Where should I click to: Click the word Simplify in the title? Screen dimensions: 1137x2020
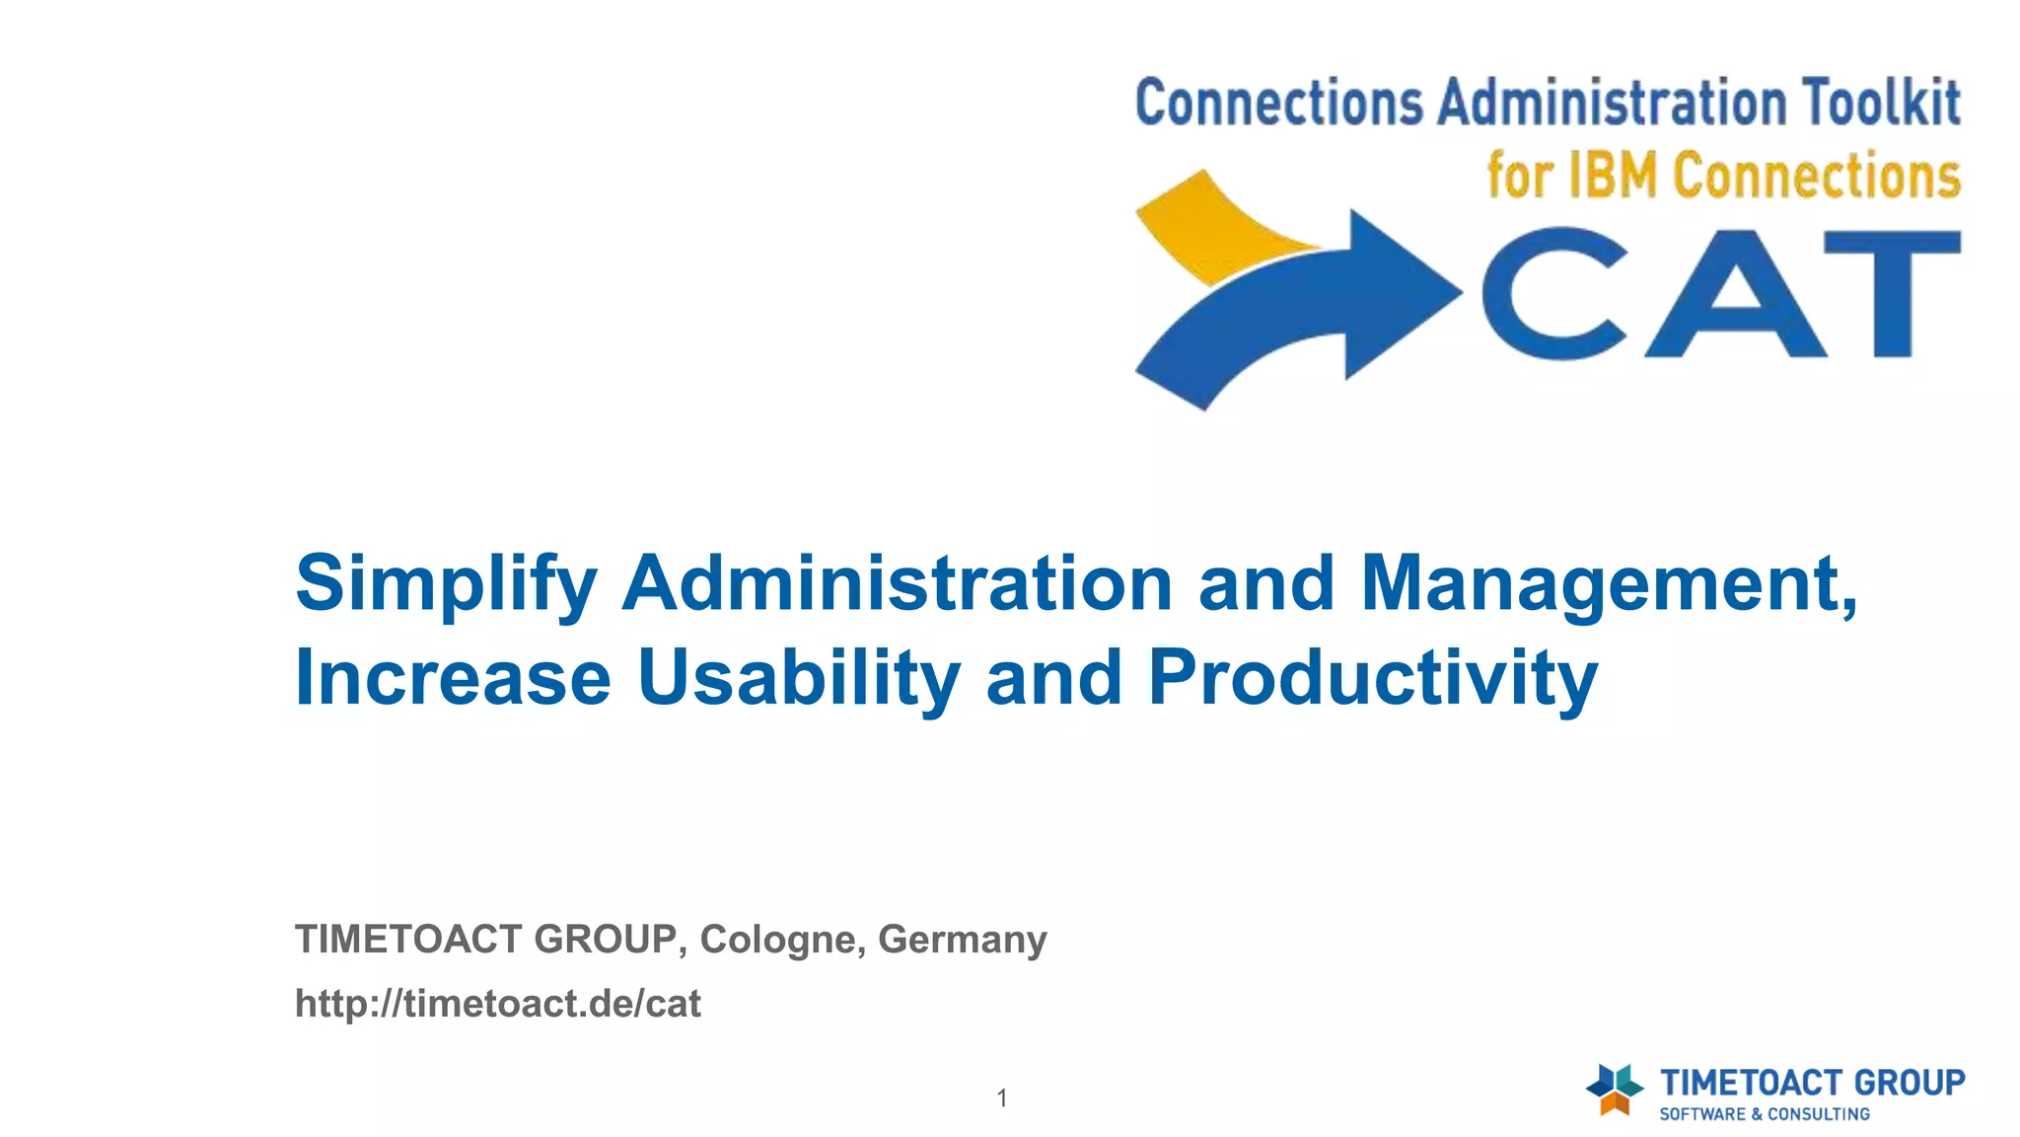tap(446, 584)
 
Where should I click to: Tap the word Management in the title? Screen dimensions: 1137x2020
tap(1608, 584)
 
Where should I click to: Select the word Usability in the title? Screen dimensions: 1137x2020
tap(799, 679)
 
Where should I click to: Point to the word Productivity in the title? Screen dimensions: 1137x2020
tap(1372, 679)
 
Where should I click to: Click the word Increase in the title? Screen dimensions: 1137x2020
tap(453, 679)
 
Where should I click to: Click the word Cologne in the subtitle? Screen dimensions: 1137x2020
tap(777, 940)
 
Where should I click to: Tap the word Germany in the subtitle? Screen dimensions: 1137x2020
tap(962, 940)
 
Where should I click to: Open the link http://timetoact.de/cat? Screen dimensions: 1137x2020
tap(498, 1004)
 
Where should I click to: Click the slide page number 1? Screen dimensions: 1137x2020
tap(1002, 1098)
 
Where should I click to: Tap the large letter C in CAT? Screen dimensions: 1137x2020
tap(1553, 293)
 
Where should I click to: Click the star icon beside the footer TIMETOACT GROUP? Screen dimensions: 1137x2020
tap(1614, 1090)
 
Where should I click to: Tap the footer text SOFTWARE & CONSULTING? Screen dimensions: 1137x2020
tap(1764, 1114)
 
